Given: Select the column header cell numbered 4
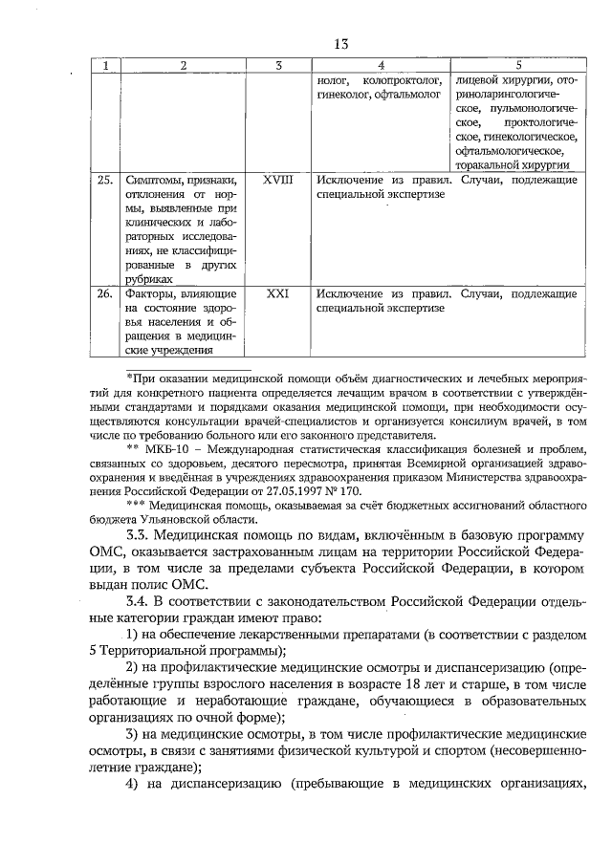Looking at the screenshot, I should pyautogui.click(x=381, y=65).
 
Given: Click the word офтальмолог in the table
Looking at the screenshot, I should pyautogui.click(x=409, y=96).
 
